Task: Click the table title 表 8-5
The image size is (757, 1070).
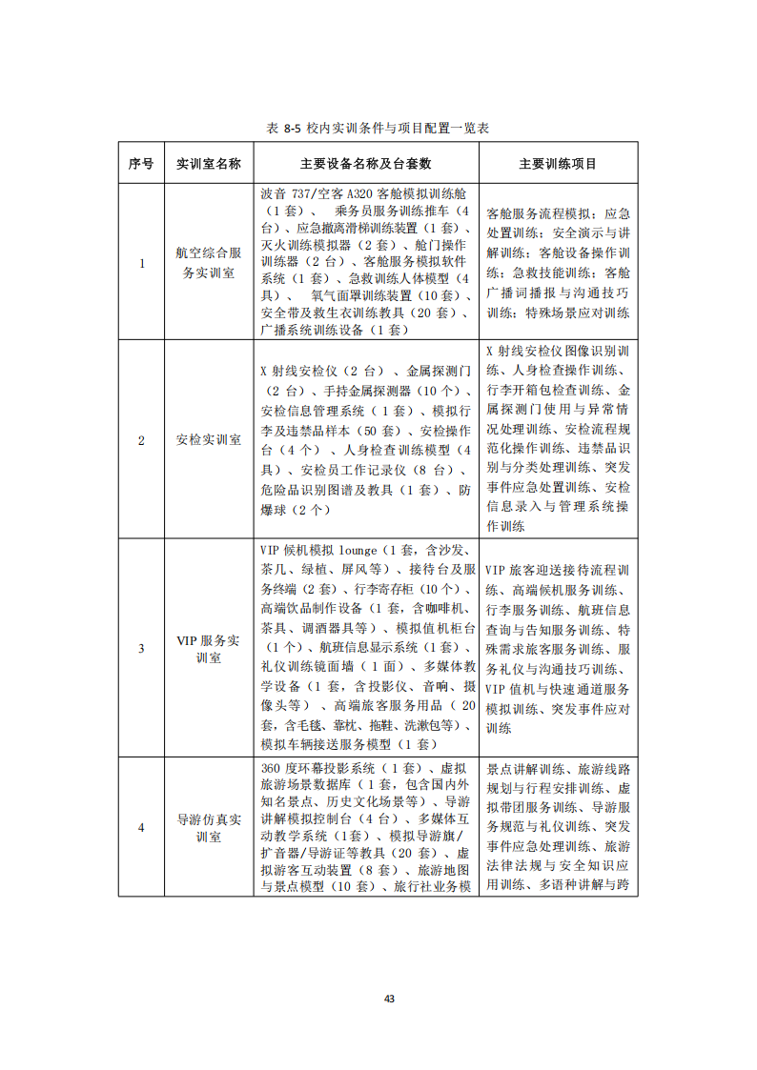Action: click(378, 128)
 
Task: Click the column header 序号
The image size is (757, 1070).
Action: click(141, 164)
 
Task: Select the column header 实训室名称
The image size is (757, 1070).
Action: click(209, 164)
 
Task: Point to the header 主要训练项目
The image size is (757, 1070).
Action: click(558, 164)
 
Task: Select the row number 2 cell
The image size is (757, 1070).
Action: click(141, 440)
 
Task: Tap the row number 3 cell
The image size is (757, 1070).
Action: click(141, 648)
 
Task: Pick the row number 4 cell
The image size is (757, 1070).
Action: click(141, 827)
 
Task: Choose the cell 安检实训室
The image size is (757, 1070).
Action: click(209, 440)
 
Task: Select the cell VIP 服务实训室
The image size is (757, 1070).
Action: click(209, 648)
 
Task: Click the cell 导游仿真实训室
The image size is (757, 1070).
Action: click(209, 827)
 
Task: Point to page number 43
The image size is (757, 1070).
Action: click(389, 999)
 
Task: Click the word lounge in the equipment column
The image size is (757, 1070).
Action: click(358, 550)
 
